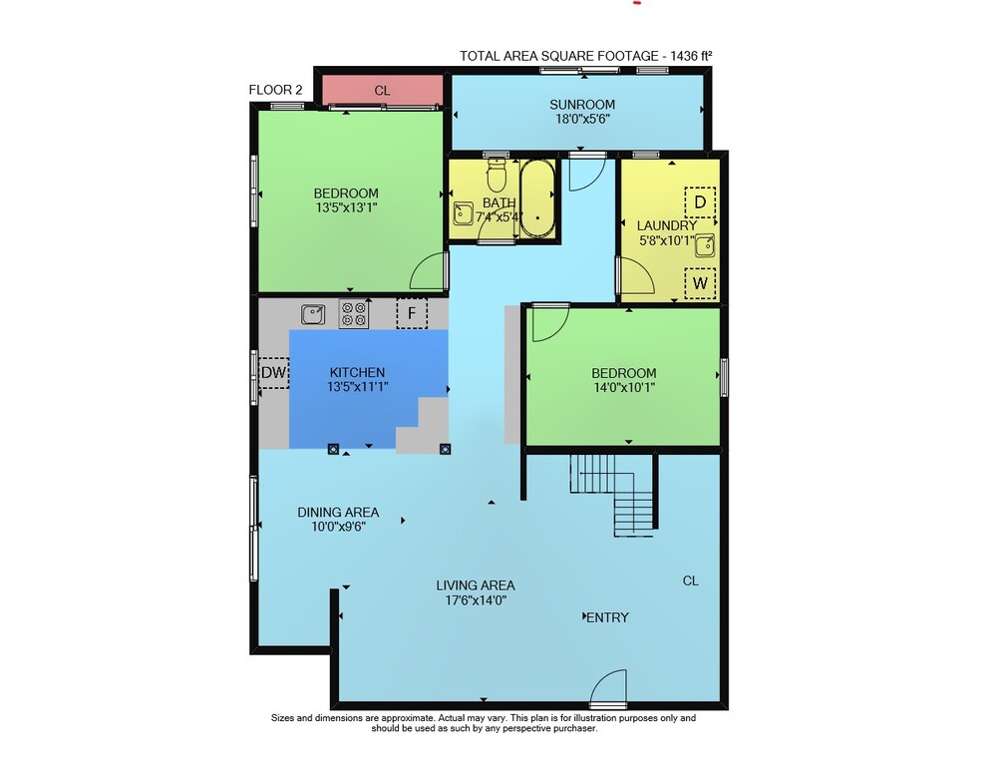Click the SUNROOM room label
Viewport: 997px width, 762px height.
pyautogui.click(x=582, y=105)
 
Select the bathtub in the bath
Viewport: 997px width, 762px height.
pyautogui.click(x=537, y=198)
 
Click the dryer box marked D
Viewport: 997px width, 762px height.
pyautogui.click(x=700, y=202)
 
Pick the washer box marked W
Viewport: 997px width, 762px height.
pyautogui.click(x=700, y=283)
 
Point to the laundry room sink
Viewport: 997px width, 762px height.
pyautogui.click(x=705, y=245)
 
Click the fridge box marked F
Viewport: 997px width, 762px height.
pyautogui.click(x=412, y=313)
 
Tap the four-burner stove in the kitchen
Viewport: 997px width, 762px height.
pyautogui.click(x=354, y=313)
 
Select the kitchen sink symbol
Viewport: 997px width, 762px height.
pyautogui.click(x=313, y=314)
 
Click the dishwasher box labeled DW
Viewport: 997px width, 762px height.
pyautogui.click(x=274, y=373)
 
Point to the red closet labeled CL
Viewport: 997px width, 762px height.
pyautogui.click(x=382, y=91)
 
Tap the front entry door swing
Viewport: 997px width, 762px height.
pyautogui.click(x=608, y=686)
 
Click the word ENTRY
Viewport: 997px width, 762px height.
pyautogui.click(x=607, y=617)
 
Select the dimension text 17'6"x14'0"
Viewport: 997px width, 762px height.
pyautogui.click(x=476, y=599)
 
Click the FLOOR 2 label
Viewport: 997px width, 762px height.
pyautogui.click(x=275, y=90)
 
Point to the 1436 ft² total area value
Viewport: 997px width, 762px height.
pyautogui.click(x=691, y=55)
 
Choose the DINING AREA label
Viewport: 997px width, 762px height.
pyautogui.click(x=338, y=512)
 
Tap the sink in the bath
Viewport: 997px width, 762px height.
pyautogui.click(x=463, y=213)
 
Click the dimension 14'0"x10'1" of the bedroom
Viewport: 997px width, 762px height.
pyautogui.click(x=624, y=387)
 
